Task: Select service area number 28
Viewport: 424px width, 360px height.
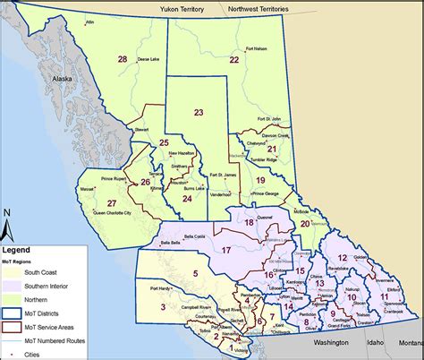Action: click(x=122, y=59)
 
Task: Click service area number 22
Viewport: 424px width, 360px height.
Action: click(x=233, y=60)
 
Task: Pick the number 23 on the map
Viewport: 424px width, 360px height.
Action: click(x=199, y=113)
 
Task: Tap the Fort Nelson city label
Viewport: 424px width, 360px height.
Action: click(x=255, y=50)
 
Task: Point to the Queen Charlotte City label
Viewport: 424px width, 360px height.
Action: click(x=113, y=213)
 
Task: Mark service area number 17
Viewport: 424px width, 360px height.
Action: click(x=226, y=250)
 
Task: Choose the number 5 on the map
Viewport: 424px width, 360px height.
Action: click(x=195, y=273)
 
